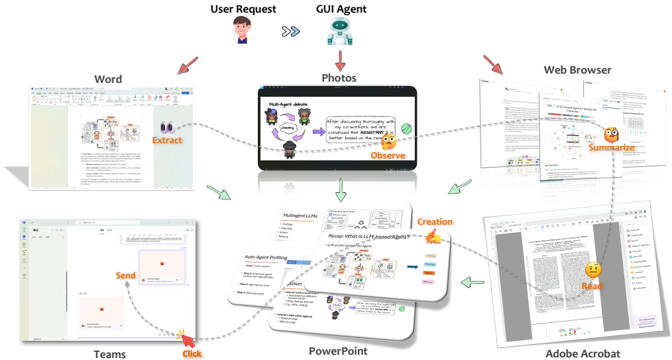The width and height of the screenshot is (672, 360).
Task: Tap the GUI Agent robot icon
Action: (341, 32)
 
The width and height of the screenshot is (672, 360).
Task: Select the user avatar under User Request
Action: (243, 32)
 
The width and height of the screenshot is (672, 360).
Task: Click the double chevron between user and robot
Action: (290, 32)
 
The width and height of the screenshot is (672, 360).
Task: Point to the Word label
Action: (109, 79)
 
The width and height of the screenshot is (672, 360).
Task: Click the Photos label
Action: (339, 78)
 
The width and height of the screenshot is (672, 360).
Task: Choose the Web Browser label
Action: (577, 70)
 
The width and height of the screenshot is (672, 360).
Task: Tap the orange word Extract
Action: (168, 141)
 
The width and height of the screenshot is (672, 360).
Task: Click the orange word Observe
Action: (388, 155)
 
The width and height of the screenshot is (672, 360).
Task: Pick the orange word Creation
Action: (435, 222)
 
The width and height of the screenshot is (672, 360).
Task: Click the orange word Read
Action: (591, 286)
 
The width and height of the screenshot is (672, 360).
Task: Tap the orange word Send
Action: (126, 275)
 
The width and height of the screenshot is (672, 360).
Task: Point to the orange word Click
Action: (192, 353)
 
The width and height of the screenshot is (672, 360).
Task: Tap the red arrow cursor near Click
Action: (188, 341)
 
